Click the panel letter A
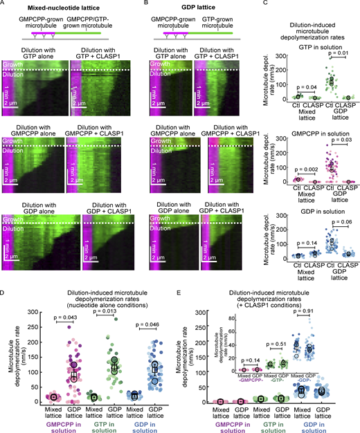pos(4,3)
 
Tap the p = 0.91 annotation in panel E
pos(323,311)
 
